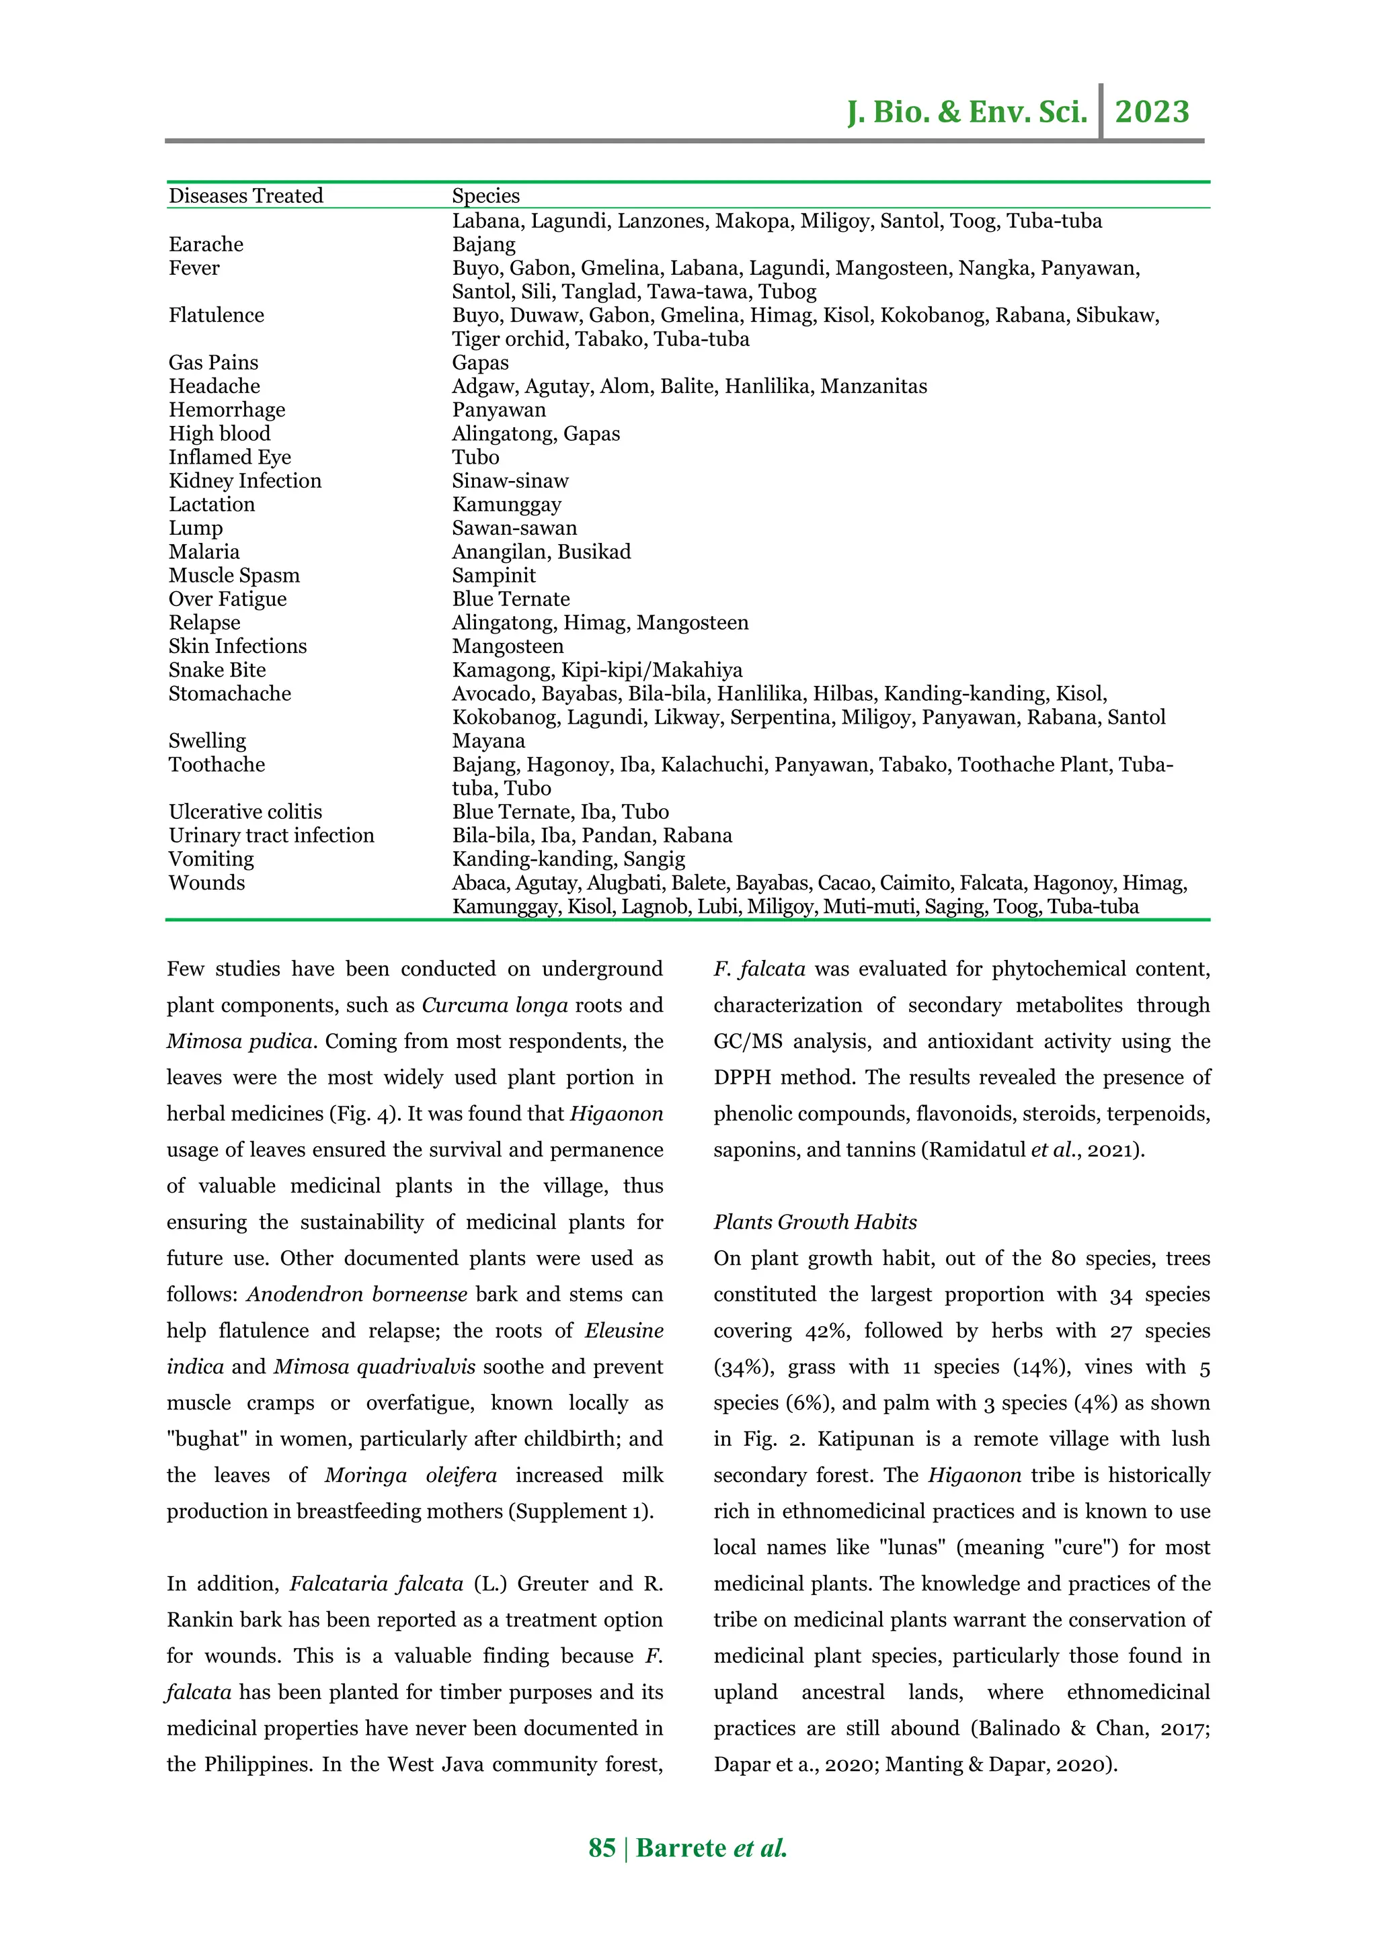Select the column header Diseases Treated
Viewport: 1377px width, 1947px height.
[x=246, y=196]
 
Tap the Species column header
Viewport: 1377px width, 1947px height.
[x=485, y=196]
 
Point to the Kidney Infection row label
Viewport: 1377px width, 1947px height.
[x=245, y=481]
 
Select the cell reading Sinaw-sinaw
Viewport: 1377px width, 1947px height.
[x=510, y=481]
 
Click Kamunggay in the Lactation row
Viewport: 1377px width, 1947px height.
[x=506, y=505]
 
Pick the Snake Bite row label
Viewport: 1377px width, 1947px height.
[x=217, y=670]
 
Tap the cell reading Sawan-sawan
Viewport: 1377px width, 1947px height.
[x=514, y=527]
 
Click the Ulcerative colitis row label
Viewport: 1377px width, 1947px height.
[x=245, y=812]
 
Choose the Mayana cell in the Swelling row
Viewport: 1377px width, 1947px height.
[x=488, y=740]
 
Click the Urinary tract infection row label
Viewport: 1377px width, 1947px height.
[x=272, y=835]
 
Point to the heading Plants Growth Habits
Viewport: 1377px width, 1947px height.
[x=814, y=1222]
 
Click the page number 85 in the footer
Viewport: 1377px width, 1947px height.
[x=602, y=1848]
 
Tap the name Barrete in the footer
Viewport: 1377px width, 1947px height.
[x=681, y=1848]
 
